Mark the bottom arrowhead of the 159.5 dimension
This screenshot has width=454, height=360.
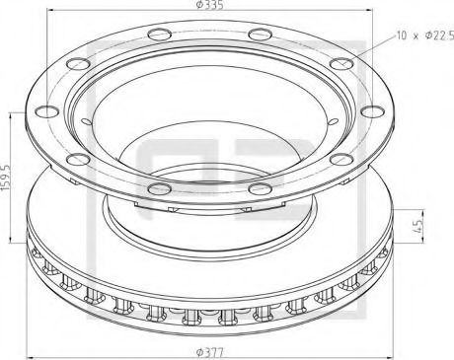pos(17,240)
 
